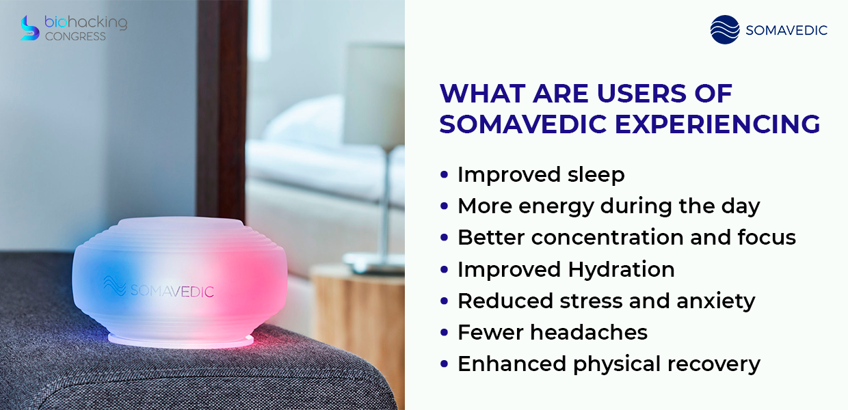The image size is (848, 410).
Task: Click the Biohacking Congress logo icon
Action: click(x=30, y=28)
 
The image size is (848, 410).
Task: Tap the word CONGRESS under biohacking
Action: click(x=75, y=36)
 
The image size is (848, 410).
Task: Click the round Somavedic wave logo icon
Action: click(x=725, y=29)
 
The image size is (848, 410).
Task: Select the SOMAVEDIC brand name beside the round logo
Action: click(x=786, y=30)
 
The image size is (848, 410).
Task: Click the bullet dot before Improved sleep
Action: click(x=444, y=175)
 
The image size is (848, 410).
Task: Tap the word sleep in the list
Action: click(x=596, y=175)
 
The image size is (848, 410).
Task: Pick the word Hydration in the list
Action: click(x=621, y=270)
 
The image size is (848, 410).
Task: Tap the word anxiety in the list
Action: click(x=715, y=302)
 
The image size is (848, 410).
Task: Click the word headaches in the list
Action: click(x=589, y=333)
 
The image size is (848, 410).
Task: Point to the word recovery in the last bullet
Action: click(x=713, y=365)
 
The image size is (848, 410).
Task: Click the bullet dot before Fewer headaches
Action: click(x=444, y=333)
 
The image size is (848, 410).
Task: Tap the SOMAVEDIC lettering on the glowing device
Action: click(x=172, y=291)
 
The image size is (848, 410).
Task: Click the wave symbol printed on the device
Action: click(x=114, y=286)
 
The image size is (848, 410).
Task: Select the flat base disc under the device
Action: click(x=181, y=340)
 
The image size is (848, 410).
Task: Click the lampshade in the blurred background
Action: click(x=374, y=94)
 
